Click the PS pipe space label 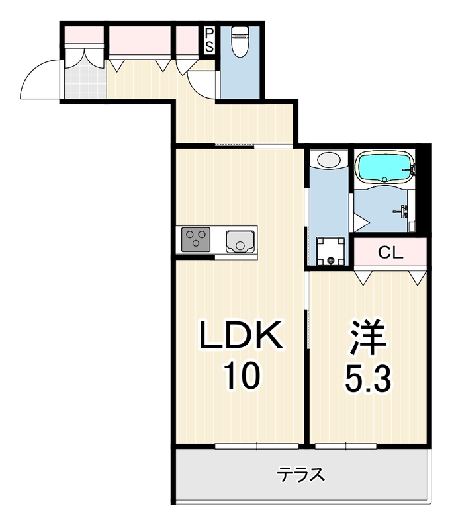pyautogui.click(x=209, y=40)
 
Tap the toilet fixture pyautogui.click(x=240, y=40)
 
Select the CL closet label pyautogui.click(x=390, y=252)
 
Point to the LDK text pyautogui.click(x=242, y=335)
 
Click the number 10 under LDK pyautogui.click(x=243, y=375)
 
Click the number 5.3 pyautogui.click(x=368, y=379)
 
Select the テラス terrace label pyautogui.click(x=301, y=475)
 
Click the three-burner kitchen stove pyautogui.click(x=196, y=239)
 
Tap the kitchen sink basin pyautogui.click(x=240, y=241)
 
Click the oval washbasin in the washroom pyautogui.click(x=329, y=159)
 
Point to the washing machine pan pyautogui.click(x=331, y=251)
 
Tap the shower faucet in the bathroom pyautogui.click(x=402, y=211)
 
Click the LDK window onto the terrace pyautogui.click(x=257, y=446)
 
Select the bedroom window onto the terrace pyautogui.click(x=345, y=446)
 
